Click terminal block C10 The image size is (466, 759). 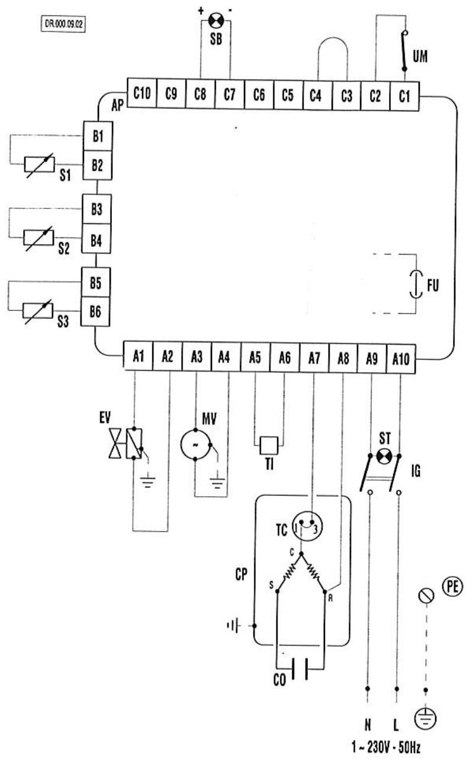coord(142,93)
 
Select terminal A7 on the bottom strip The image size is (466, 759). coord(314,358)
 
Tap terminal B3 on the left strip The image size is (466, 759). coord(97,209)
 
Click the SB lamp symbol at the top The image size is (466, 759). coord(216,21)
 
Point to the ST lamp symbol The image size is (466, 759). coord(384,456)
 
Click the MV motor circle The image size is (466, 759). coord(195,445)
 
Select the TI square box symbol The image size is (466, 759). coord(269,445)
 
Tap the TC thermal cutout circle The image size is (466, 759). coord(307,526)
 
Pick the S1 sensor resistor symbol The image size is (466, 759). coord(39,165)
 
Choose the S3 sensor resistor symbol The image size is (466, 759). coord(38,311)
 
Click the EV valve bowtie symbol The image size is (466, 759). coord(115,443)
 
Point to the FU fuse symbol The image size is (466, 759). coord(416,284)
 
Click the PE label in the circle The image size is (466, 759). coord(452,586)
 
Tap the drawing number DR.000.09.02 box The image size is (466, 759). coord(63,24)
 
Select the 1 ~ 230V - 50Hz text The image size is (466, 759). coord(385,747)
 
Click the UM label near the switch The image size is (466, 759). coord(420,56)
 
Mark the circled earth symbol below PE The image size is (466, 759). coord(425,718)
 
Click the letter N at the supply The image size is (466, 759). coord(368,725)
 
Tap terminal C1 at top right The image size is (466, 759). coord(404,96)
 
